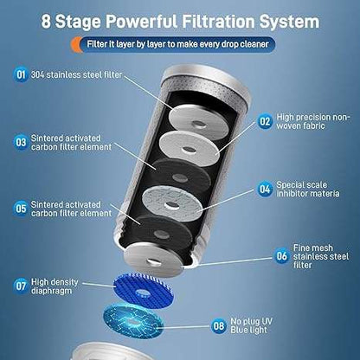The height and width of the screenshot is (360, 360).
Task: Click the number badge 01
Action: tap(20, 75)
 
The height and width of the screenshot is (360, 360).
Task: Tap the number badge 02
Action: tap(265, 123)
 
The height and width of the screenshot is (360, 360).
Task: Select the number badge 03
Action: tap(20, 141)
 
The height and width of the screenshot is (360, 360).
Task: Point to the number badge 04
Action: tap(265, 188)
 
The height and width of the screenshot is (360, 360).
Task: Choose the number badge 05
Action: tap(20, 208)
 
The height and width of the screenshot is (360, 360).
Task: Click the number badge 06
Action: tap(282, 255)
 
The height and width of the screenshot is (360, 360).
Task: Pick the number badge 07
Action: tap(20, 284)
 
